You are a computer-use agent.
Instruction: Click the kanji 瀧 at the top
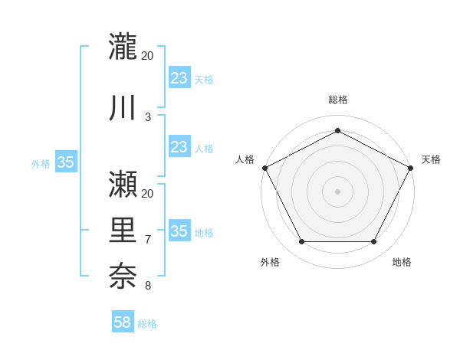124,46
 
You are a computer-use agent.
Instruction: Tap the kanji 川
124,108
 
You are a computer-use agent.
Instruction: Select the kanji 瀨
124,183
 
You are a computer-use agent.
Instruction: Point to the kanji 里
124,231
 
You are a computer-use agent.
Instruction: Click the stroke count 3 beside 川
148,117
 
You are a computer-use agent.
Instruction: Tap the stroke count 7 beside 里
148,241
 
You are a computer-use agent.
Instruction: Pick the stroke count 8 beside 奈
148,286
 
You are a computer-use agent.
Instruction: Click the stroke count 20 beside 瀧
148,56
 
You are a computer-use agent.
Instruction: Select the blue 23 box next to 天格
179,78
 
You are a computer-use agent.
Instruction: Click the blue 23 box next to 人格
179,147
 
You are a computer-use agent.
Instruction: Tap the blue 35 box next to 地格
179,231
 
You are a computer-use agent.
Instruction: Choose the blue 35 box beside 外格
66,162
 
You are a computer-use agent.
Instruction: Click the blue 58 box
123,322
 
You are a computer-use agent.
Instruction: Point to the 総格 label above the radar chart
337,100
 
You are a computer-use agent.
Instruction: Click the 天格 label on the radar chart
431,159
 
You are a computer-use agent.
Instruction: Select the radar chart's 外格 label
270,262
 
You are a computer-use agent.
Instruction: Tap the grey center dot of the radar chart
337,191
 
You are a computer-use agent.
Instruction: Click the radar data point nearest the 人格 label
264,167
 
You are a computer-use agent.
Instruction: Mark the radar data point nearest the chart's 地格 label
374,242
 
